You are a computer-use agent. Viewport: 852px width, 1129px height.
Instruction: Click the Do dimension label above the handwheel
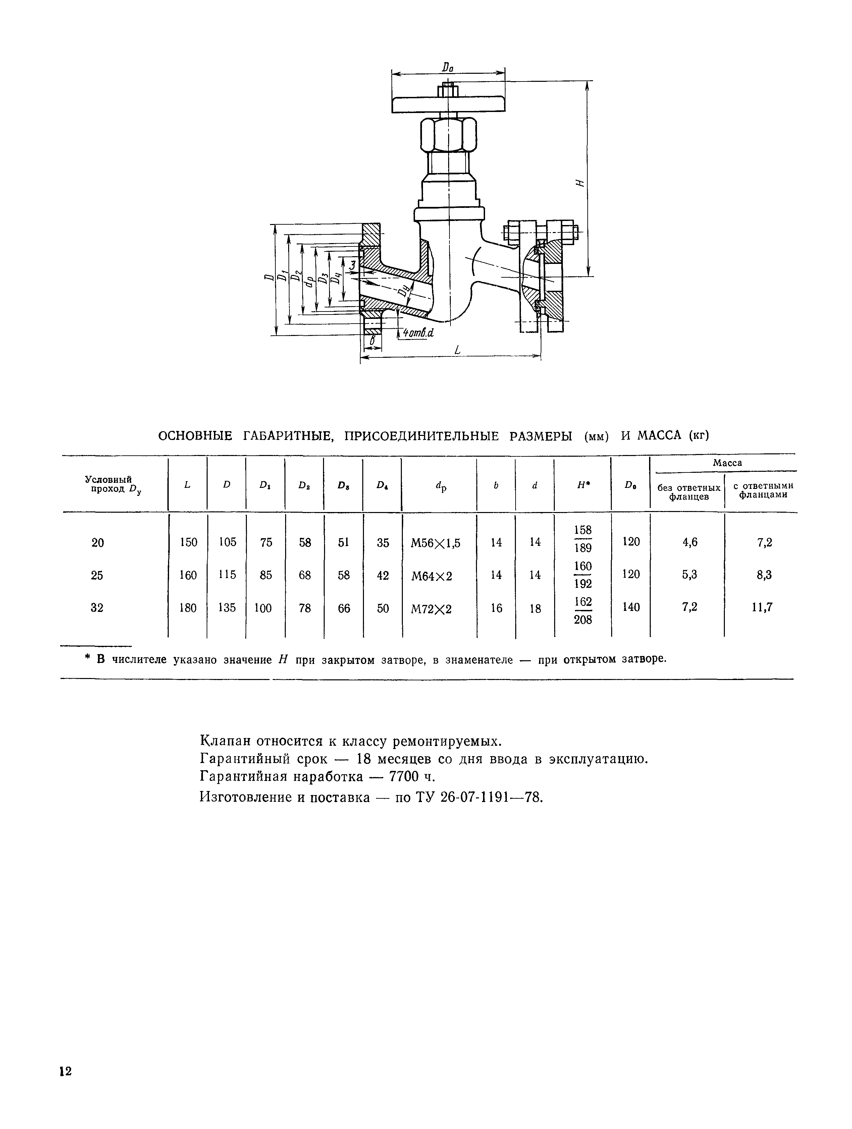coord(448,67)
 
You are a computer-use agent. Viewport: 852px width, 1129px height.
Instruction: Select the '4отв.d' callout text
coord(418,333)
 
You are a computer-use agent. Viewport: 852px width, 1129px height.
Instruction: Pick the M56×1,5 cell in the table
coord(435,543)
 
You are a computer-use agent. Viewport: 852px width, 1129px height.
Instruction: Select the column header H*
coord(583,486)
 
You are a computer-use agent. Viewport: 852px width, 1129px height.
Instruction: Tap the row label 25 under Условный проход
coord(97,575)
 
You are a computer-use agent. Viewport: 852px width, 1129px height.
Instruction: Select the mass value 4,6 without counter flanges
coord(689,543)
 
